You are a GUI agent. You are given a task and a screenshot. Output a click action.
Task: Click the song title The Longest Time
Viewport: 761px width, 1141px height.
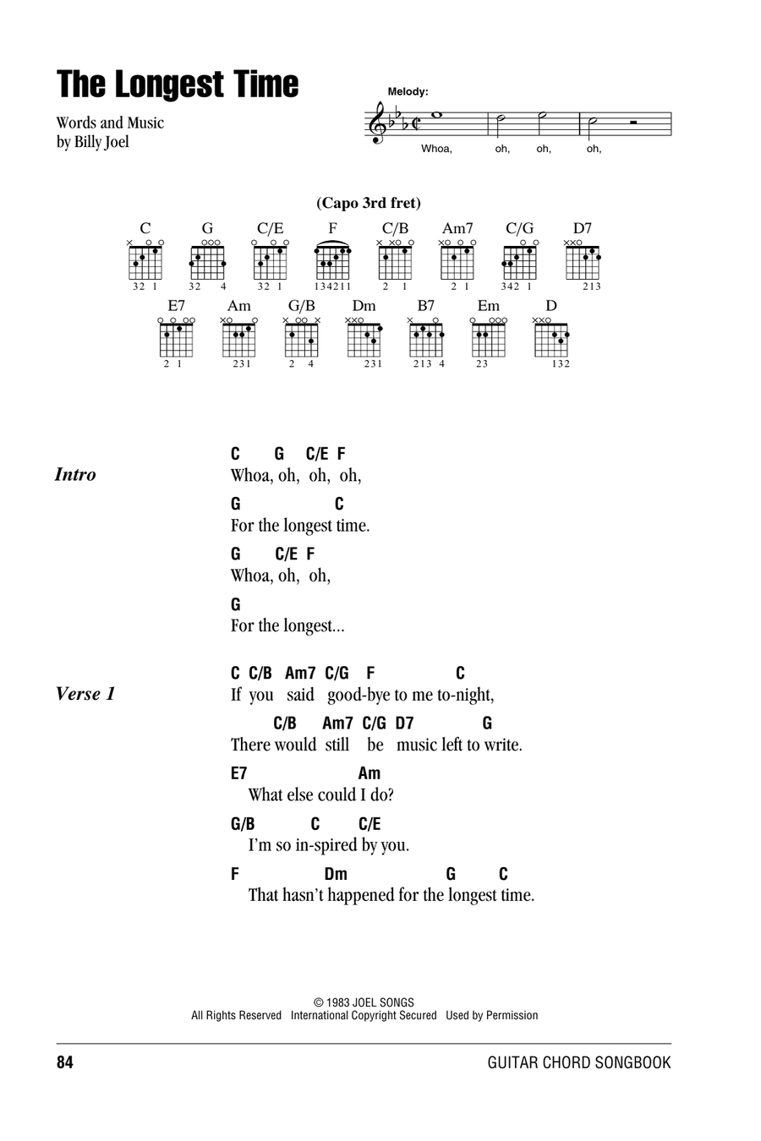(178, 84)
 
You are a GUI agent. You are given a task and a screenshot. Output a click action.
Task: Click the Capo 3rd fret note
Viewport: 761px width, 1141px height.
(369, 203)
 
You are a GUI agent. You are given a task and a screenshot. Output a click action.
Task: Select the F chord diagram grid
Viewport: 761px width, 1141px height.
(332, 262)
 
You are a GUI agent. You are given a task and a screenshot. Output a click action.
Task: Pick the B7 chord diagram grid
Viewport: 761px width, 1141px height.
(426, 340)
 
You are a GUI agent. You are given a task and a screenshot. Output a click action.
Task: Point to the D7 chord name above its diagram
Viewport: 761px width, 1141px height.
(582, 228)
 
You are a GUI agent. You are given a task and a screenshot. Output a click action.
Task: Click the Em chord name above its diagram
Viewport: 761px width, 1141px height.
(488, 306)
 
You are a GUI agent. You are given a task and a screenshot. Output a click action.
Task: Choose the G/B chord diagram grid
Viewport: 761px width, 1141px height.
(301, 340)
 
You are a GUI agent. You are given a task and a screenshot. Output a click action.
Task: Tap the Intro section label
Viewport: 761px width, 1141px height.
(75, 475)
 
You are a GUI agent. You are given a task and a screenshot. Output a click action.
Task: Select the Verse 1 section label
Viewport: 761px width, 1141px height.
(85, 694)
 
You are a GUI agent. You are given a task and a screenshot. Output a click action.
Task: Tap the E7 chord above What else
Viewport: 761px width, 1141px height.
(238, 773)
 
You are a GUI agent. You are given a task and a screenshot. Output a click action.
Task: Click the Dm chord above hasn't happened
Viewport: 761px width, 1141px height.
(336, 874)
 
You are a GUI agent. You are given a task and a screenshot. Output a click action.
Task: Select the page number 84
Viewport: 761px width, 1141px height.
(65, 1062)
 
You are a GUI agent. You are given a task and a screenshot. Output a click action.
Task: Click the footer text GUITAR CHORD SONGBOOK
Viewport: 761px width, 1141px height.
(579, 1062)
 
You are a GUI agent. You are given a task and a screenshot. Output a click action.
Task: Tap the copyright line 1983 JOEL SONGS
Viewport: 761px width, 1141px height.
(364, 1002)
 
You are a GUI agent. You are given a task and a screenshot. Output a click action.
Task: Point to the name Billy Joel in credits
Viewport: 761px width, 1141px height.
(101, 142)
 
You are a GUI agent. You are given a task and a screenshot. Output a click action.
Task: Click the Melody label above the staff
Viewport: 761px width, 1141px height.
(408, 91)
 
